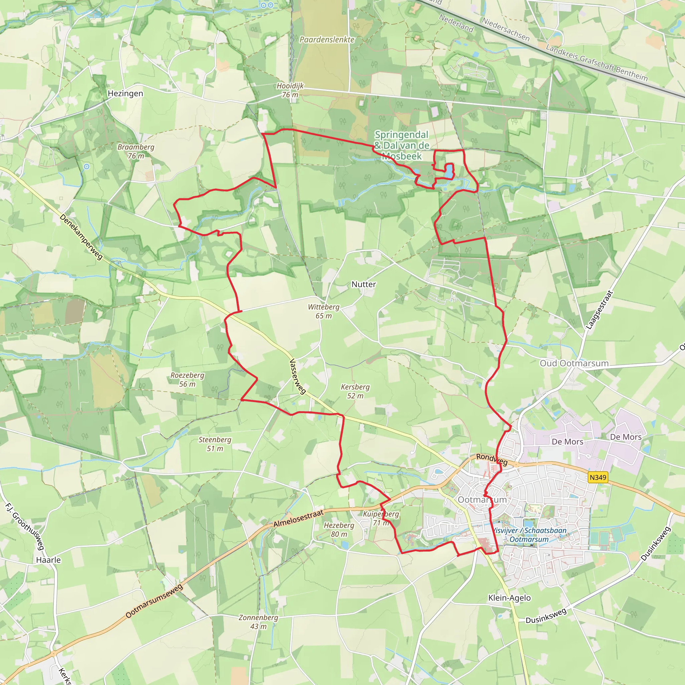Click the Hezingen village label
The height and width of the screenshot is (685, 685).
[x=125, y=94]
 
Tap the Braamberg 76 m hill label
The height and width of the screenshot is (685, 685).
[x=136, y=152]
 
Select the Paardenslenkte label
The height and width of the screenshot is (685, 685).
[x=326, y=40]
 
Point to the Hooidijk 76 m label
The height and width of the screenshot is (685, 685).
[x=290, y=90]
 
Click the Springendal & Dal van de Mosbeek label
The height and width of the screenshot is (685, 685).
[x=402, y=145]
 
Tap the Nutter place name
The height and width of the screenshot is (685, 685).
[x=364, y=284]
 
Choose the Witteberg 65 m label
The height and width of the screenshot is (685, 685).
[x=323, y=311]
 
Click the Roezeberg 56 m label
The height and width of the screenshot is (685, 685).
[x=187, y=379]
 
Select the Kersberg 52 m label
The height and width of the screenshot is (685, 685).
[x=355, y=391]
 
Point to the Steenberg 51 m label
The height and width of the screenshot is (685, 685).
[x=214, y=444]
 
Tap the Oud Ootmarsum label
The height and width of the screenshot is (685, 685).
[x=574, y=364]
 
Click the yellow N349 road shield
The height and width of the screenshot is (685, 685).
[x=598, y=477]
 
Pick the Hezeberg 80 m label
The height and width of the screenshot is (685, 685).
[x=339, y=529]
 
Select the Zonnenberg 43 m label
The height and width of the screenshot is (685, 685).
[x=258, y=621]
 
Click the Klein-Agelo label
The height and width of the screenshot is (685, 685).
[x=509, y=598]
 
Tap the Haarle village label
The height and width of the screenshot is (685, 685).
[x=48, y=560]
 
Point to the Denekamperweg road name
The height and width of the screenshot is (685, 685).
[x=81, y=237]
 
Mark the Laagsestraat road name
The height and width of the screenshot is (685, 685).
[x=599, y=310]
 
